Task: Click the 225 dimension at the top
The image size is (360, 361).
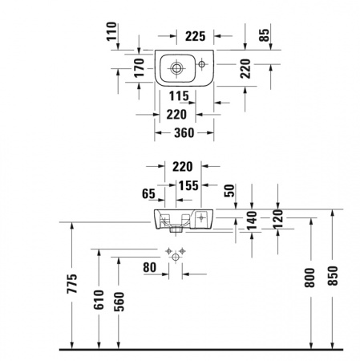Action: point(196,36)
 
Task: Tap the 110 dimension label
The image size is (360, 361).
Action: point(111,31)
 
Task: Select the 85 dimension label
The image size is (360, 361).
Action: point(265,35)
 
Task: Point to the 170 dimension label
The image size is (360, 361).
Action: point(139,67)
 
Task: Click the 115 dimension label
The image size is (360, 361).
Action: point(179,96)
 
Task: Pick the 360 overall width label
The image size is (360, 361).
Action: point(184,133)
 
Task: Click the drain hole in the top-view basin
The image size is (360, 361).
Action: point(176,68)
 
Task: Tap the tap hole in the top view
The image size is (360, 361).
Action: point(201,64)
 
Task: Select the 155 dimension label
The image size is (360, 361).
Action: point(188,185)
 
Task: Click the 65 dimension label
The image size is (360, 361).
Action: point(148,193)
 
